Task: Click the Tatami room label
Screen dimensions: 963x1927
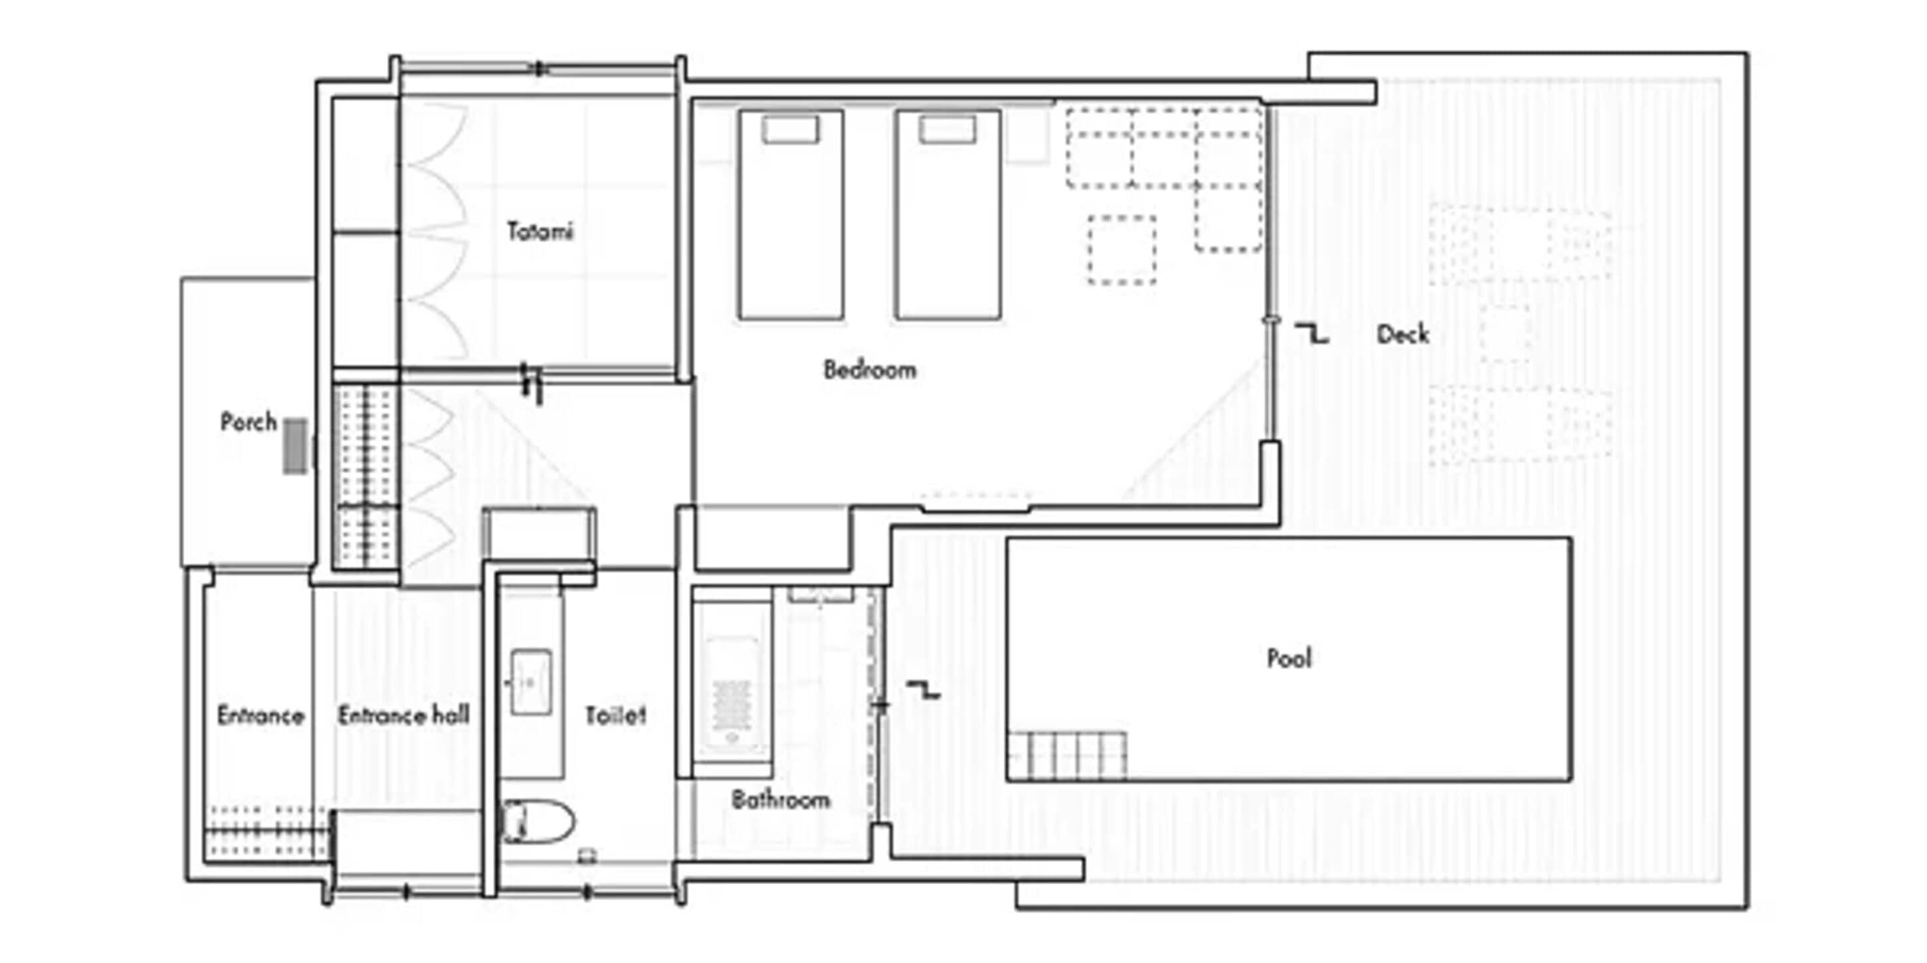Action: click(540, 231)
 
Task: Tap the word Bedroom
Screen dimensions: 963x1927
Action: click(869, 369)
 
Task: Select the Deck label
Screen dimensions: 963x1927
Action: click(1403, 334)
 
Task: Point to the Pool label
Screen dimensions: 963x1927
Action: click(1289, 658)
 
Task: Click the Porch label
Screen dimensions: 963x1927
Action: click(249, 422)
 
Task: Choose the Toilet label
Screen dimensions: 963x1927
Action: click(615, 715)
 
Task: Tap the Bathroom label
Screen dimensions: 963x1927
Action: click(780, 800)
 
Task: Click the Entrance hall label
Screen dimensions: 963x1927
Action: click(403, 715)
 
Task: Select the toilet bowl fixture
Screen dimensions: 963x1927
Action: click(537, 821)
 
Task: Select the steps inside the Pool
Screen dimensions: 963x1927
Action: click(1066, 756)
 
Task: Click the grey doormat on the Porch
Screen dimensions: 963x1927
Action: click(295, 446)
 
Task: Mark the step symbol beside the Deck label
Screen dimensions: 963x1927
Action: click(1311, 333)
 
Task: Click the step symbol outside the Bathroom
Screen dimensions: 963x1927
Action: click(923, 690)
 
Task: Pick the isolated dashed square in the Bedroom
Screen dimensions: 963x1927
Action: click(1122, 250)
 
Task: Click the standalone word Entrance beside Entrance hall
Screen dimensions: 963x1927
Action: click(260, 715)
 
